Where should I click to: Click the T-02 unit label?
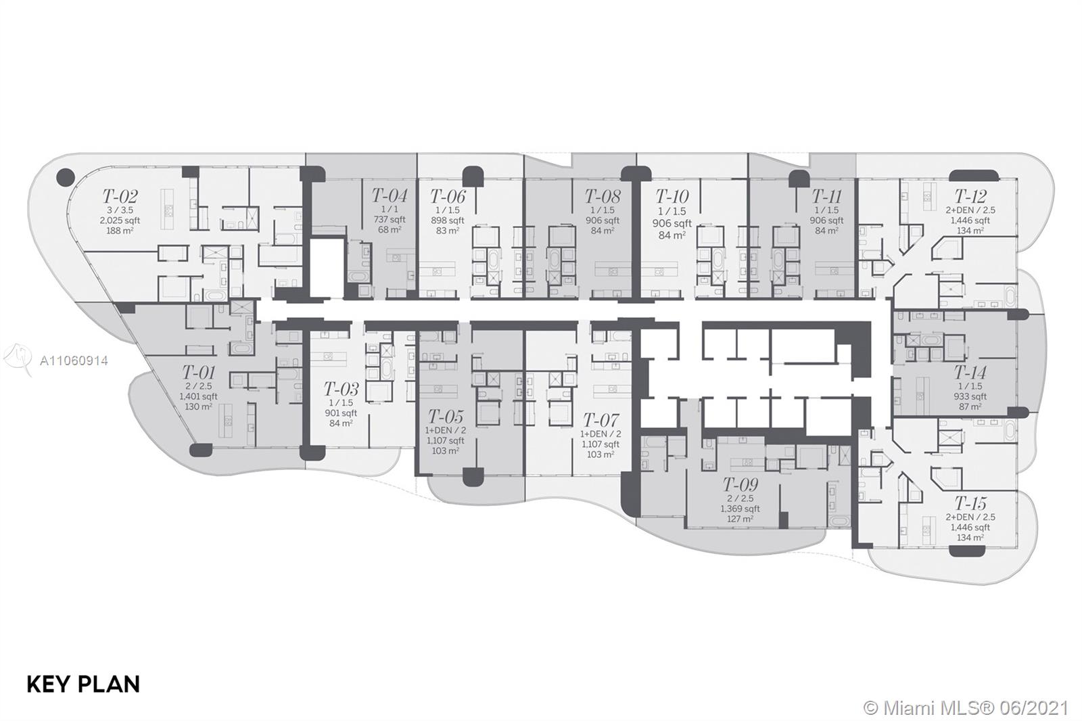coord(120,196)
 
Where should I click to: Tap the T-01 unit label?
coord(198,372)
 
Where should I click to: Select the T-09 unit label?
coord(740,484)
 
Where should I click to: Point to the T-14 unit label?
coord(970,372)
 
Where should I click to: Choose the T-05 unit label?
coord(446,416)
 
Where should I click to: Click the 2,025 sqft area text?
coord(120,220)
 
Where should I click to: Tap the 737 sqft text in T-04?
coord(390,219)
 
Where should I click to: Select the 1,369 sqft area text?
coord(740,509)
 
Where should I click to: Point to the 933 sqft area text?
coord(970,396)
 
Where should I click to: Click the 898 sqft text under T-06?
coord(447,220)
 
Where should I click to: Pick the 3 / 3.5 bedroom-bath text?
coord(120,210)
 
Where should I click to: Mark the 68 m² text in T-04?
coord(390,229)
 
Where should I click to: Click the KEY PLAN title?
coord(83,684)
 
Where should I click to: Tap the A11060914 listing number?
coord(74,360)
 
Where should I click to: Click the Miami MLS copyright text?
coord(966,708)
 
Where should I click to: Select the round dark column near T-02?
coord(65,177)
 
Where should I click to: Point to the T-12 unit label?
coord(970,196)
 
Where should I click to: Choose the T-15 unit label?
coord(970,503)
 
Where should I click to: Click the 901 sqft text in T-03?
coord(341,413)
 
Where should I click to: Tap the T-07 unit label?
coord(601,419)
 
